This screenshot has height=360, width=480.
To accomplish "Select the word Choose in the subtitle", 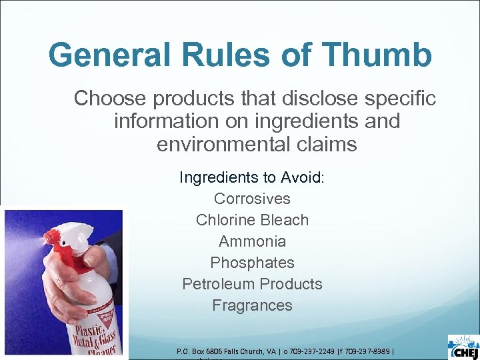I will (x=111, y=99).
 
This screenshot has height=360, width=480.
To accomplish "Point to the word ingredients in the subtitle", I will (x=305, y=121).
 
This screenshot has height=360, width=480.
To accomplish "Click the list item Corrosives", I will (x=252, y=199).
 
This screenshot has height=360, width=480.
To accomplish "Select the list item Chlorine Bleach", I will (x=252, y=220).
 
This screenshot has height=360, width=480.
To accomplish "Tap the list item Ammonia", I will (x=252, y=241).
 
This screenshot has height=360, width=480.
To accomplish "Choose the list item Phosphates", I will (x=252, y=263).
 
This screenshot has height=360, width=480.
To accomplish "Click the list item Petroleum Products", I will (x=252, y=284).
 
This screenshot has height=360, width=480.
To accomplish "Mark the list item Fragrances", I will (x=252, y=305).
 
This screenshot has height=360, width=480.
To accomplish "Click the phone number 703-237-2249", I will (x=309, y=351).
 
